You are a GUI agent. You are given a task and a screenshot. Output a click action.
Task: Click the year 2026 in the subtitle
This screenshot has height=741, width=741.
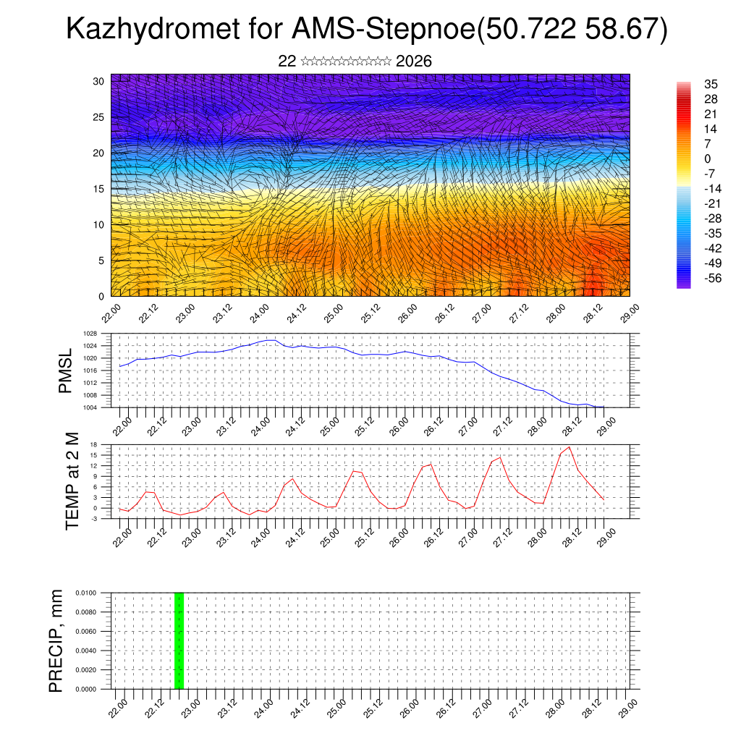(x=414, y=62)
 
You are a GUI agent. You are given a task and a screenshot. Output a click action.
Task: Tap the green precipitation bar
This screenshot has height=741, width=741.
(x=179, y=640)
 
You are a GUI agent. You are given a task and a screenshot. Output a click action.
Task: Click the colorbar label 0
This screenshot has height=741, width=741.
(x=708, y=158)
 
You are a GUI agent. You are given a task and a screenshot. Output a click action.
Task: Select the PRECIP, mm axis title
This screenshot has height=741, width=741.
(x=56, y=640)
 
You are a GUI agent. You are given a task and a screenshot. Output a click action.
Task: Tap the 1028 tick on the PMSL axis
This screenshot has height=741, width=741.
(x=90, y=334)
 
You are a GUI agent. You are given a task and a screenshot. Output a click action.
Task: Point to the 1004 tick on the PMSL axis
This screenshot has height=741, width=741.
(x=90, y=407)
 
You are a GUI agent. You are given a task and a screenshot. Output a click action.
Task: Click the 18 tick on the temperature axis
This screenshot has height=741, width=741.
(x=93, y=444)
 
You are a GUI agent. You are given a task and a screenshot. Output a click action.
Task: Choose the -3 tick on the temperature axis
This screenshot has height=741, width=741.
(x=93, y=518)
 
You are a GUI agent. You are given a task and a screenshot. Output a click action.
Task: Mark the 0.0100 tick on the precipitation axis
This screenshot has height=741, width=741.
(x=86, y=593)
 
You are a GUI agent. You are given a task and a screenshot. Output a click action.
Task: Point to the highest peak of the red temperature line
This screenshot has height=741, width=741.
(x=569, y=446)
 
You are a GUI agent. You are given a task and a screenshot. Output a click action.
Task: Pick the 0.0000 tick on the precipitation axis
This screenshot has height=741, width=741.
(x=86, y=690)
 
